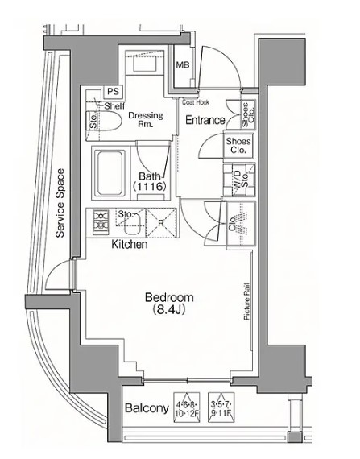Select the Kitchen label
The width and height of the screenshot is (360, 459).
coord(128,243)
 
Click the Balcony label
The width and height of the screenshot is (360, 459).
coord(147,408)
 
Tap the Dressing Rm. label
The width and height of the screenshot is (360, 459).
coord(146,120)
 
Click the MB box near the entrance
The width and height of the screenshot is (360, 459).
coord(183,65)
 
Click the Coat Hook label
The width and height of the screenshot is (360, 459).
coord(195,103)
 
